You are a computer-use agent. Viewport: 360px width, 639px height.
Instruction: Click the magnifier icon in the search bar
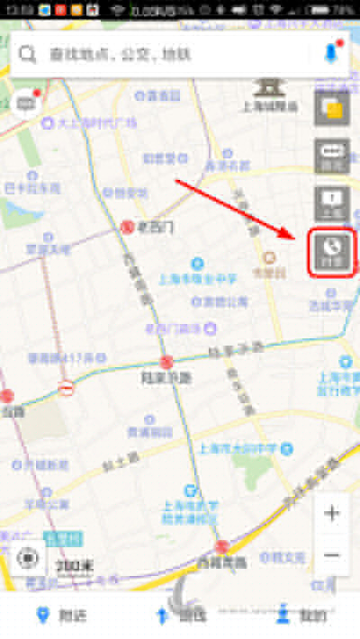pos(28,54)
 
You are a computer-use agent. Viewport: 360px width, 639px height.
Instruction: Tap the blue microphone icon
pos(331,53)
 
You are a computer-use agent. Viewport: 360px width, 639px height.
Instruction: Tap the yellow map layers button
pos(331,109)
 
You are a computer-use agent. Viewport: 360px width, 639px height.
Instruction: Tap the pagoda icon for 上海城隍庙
pos(267,85)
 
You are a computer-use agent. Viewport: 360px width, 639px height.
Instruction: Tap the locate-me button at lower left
pos(28,558)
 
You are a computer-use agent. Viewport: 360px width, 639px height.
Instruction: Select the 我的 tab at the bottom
pos(301,616)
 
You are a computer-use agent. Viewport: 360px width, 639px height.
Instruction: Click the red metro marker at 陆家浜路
pos(166,362)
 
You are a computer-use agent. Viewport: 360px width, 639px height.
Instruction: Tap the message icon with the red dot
pos(26,102)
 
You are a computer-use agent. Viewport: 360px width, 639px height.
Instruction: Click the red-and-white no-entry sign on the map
pos(66,388)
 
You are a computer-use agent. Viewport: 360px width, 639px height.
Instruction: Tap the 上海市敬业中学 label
pos(205,278)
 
